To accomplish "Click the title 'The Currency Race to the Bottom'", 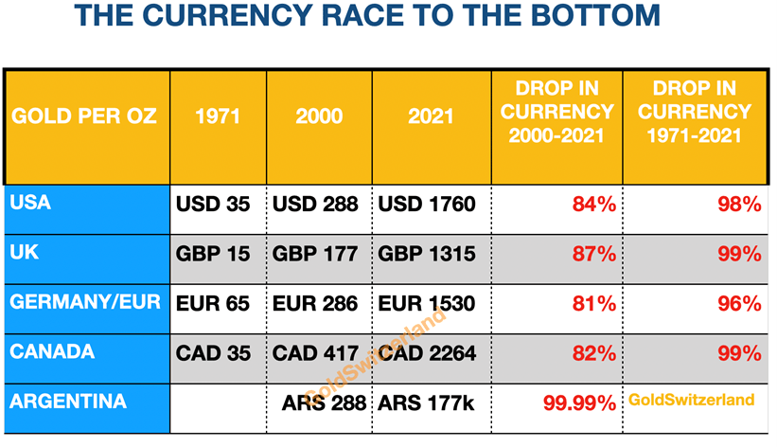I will coord(367,17).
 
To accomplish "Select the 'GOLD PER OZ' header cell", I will coord(84,117).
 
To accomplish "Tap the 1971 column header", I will coord(218,117).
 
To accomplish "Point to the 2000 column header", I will coord(319,117).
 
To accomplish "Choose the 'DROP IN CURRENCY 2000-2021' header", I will coord(557,113).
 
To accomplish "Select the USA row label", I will coord(30,203).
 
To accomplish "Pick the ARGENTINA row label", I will coord(68,401).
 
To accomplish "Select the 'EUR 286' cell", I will coord(315,304).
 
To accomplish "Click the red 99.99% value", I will coord(579,403).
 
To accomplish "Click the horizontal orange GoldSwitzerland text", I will coord(692,400).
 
